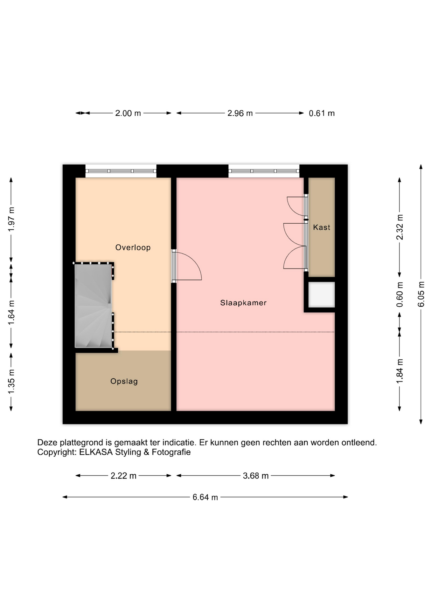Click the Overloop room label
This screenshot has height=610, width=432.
tap(133, 247)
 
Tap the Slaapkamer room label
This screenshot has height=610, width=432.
tap(243, 303)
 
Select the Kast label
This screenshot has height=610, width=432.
tap(322, 227)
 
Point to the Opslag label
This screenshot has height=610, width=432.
tap(124, 381)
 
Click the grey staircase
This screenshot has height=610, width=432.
tap(93, 306)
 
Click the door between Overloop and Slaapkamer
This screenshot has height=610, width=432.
tap(187, 266)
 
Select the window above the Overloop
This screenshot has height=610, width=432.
tap(121, 171)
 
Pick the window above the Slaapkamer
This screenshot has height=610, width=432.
tap(264, 171)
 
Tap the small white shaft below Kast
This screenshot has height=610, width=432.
tap(322, 295)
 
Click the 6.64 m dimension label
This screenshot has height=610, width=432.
tap(205, 497)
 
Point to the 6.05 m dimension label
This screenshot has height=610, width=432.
tap(421, 294)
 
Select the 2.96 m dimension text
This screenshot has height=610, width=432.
tap(240, 113)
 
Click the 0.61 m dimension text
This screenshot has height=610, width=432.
tap(322, 113)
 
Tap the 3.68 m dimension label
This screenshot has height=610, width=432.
tap(256, 476)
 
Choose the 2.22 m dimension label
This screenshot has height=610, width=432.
tap(123, 476)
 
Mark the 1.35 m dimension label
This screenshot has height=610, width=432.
tap(11, 381)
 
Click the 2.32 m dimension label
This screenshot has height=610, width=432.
tap(400, 227)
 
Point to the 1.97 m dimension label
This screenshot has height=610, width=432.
tap(11, 220)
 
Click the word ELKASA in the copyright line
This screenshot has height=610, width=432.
tap(96, 452)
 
